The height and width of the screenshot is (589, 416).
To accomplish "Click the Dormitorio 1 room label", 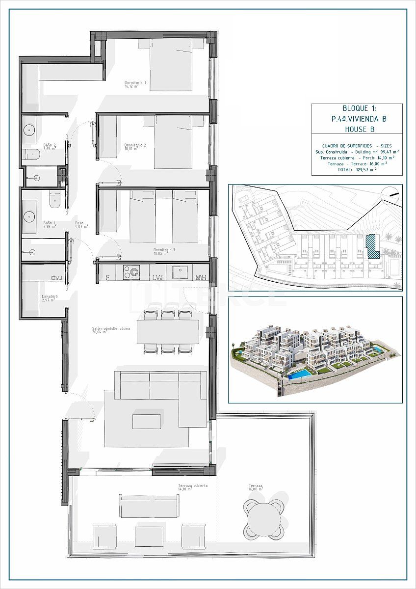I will (x=135, y=84).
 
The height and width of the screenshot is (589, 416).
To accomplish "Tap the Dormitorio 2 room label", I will (x=135, y=146).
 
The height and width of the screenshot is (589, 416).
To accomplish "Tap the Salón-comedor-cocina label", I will (x=111, y=329).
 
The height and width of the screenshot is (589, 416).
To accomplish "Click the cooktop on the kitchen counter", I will (x=131, y=272).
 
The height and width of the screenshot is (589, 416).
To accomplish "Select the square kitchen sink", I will (x=180, y=272).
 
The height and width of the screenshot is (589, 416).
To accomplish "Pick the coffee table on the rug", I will (x=147, y=421).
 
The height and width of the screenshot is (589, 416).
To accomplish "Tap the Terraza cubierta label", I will (x=192, y=486).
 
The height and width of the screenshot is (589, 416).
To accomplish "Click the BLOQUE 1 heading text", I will (x=357, y=109).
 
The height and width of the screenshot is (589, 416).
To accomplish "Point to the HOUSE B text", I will (x=357, y=129).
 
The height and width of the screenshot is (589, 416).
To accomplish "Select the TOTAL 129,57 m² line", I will (x=357, y=169).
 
